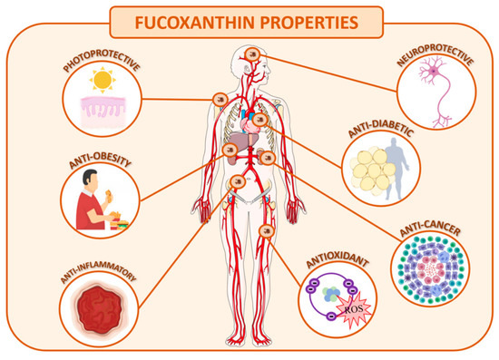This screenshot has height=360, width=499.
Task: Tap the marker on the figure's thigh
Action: [x=268, y=233]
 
